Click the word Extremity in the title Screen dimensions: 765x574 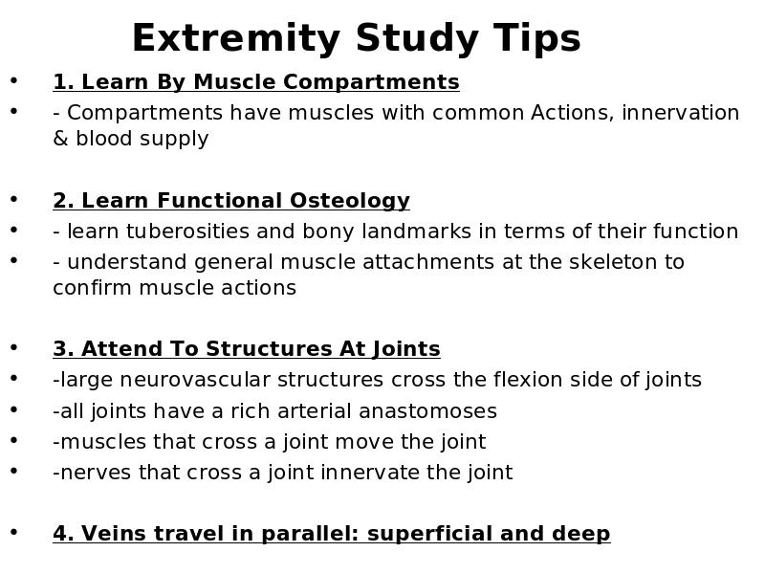(x=236, y=39)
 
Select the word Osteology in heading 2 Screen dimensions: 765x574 (x=350, y=201)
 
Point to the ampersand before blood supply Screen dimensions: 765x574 (x=60, y=139)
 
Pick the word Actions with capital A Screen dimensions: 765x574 (x=572, y=113)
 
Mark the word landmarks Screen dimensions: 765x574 (x=416, y=232)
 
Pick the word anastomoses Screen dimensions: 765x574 (x=427, y=411)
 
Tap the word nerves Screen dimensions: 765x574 (x=96, y=473)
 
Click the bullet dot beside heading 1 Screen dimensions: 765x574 (x=13, y=81)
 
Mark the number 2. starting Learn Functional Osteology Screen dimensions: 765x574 (x=63, y=201)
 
